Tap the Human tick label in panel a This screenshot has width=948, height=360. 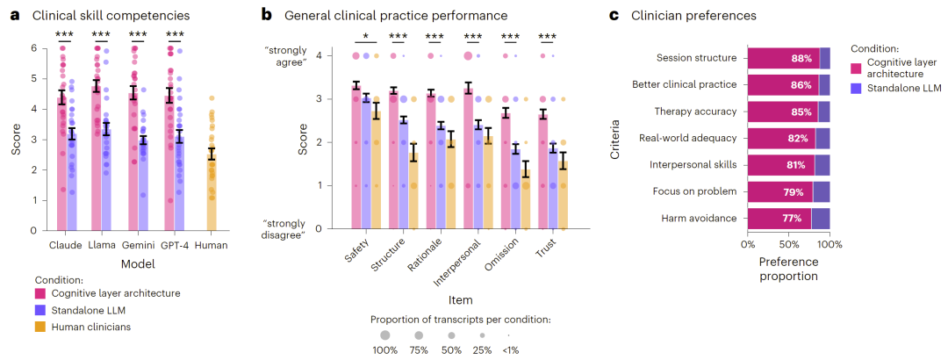point(211,246)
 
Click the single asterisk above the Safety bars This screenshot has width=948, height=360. point(364,36)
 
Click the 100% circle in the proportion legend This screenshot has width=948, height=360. point(384,335)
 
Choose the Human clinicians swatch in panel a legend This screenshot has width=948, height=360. point(40,328)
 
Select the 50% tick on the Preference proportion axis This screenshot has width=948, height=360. point(788,245)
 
